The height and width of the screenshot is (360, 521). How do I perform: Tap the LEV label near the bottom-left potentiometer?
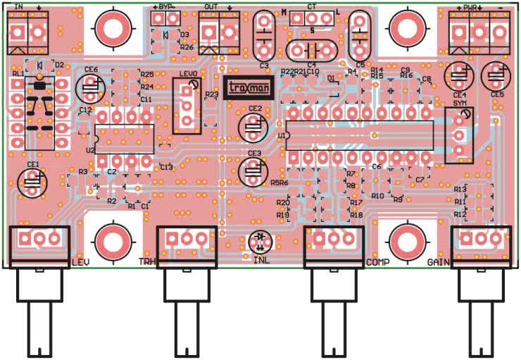coord(80,262)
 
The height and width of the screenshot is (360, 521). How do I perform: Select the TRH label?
coord(147,262)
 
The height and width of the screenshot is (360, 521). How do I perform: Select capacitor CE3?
coord(254,170)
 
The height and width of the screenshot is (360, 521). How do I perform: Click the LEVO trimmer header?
coord(187,104)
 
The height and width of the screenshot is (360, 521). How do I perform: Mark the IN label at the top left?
coord(18,6)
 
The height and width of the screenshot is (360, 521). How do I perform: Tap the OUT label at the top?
coord(210,6)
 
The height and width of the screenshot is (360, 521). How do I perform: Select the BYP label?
coord(166,6)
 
